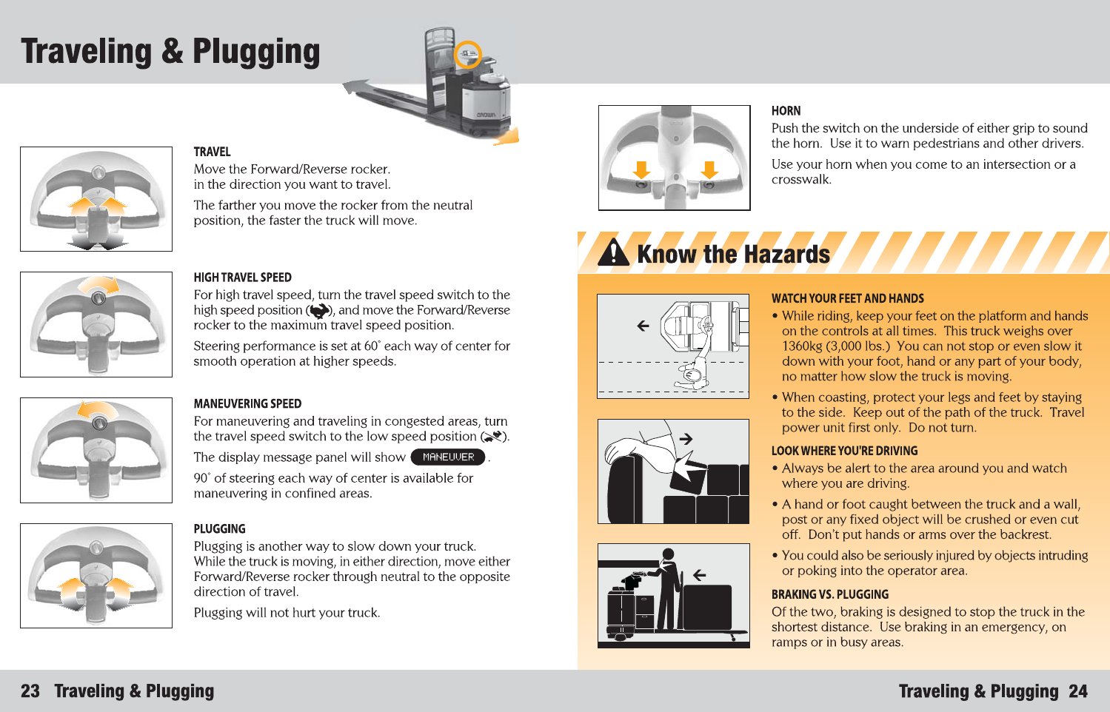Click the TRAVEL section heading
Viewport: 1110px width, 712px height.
coord(212,152)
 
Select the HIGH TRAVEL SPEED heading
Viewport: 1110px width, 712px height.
coord(242,278)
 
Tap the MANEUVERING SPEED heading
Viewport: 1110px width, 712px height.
coord(247,403)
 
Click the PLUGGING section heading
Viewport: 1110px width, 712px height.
coord(219,529)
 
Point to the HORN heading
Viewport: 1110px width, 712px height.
coord(786,111)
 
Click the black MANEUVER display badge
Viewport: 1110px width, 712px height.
coord(448,457)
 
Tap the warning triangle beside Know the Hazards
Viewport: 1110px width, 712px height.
coord(613,252)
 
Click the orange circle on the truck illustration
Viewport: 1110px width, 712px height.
coord(467,54)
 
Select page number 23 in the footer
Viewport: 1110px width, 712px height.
coord(30,691)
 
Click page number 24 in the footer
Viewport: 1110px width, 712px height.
coord(1078,691)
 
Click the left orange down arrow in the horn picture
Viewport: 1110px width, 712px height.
coord(641,169)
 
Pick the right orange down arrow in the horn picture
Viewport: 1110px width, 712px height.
coord(709,169)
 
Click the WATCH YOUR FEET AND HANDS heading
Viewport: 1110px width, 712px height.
coord(847,298)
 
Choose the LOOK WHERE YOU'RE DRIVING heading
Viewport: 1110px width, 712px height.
coord(844,451)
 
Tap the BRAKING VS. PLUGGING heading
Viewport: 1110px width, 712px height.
coord(829,594)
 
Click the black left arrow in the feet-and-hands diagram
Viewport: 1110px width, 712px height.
coord(643,325)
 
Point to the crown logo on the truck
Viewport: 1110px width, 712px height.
coord(485,115)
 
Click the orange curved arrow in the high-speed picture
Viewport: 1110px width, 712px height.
coord(100,285)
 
